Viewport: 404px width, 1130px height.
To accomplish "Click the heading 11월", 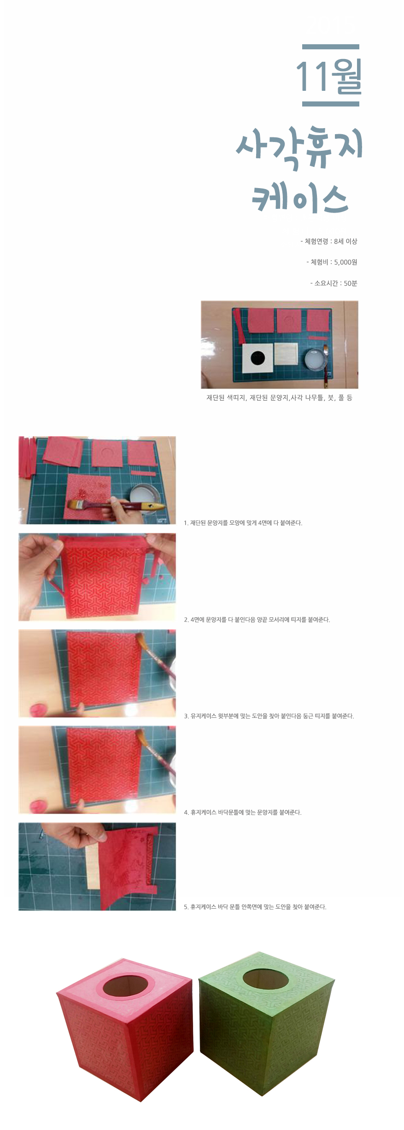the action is (x=329, y=77).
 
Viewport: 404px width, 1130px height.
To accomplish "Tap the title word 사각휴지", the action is (x=300, y=148).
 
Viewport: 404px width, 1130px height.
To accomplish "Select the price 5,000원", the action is (x=345, y=262).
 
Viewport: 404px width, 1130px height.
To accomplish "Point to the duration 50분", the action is (x=351, y=283).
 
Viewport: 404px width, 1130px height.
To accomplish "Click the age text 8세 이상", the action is (x=345, y=241).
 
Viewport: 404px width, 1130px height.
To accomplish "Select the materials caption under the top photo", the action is (x=279, y=397).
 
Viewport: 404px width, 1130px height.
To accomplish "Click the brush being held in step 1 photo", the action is (x=115, y=505).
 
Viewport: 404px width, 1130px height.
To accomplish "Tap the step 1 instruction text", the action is (x=243, y=523).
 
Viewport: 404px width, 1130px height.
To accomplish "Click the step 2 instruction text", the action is (x=257, y=620).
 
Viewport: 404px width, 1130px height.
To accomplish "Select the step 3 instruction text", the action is (x=269, y=716).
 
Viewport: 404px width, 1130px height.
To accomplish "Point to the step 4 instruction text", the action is (x=243, y=812).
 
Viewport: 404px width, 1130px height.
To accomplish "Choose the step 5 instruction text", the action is (x=255, y=907).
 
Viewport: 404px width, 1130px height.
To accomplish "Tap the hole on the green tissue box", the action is (x=266, y=977).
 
